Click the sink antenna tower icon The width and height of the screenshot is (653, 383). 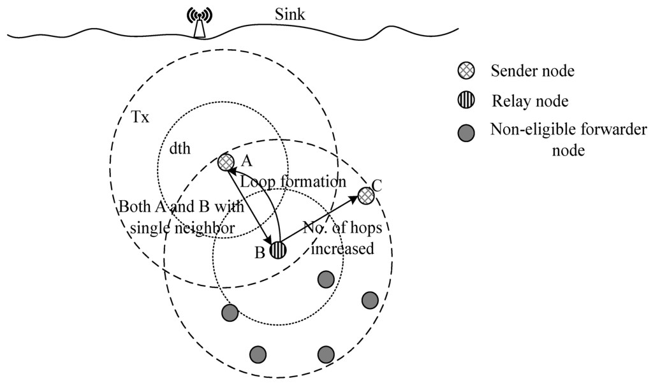pyautogui.click(x=200, y=24)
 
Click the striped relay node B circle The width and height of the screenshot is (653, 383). pyautogui.click(x=277, y=250)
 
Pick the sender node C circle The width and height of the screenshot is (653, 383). pyautogui.click(x=365, y=195)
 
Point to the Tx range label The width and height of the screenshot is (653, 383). pyautogui.click(x=140, y=118)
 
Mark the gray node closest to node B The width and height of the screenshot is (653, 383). pyautogui.click(x=326, y=278)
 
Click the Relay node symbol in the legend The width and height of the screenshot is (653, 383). pyautogui.click(x=466, y=101)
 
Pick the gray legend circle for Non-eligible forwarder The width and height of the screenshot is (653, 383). pyautogui.click(x=466, y=133)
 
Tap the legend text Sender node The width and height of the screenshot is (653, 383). pyautogui.click(x=532, y=71)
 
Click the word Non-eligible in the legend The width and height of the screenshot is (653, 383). pyautogui.click(x=524, y=130)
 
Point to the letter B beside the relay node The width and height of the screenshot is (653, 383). pyautogui.click(x=260, y=252)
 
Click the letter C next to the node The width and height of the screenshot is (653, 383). pyautogui.click(x=376, y=185)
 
